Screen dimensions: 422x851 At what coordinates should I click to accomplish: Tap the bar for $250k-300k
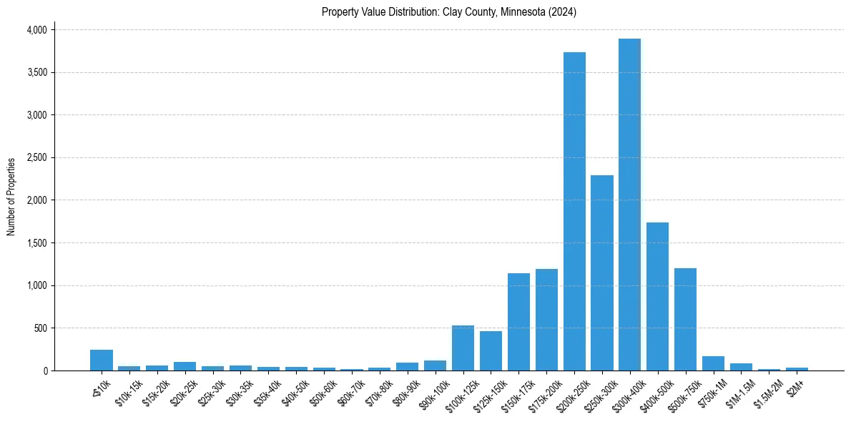coord(602,273)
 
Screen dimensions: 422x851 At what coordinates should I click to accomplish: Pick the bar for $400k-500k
coord(657,296)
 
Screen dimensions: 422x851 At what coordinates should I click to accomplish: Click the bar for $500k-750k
coord(685,319)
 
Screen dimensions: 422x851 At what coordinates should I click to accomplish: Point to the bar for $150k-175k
coord(518,322)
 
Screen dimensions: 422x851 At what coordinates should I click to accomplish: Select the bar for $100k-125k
coord(463,348)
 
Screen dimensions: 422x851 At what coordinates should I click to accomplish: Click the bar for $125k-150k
coord(491,350)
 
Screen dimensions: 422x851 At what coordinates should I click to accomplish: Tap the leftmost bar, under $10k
coord(102,360)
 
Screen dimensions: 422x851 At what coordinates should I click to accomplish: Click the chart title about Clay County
coord(449,12)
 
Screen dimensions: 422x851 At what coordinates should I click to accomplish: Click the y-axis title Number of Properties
coord(11,197)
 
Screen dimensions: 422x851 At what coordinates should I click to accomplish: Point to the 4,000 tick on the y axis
coord(36,30)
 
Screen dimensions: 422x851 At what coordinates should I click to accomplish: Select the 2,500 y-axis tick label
coord(36,157)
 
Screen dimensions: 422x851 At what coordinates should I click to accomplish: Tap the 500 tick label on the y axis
coord(40,328)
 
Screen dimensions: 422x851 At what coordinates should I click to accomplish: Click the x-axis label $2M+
coord(796,386)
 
